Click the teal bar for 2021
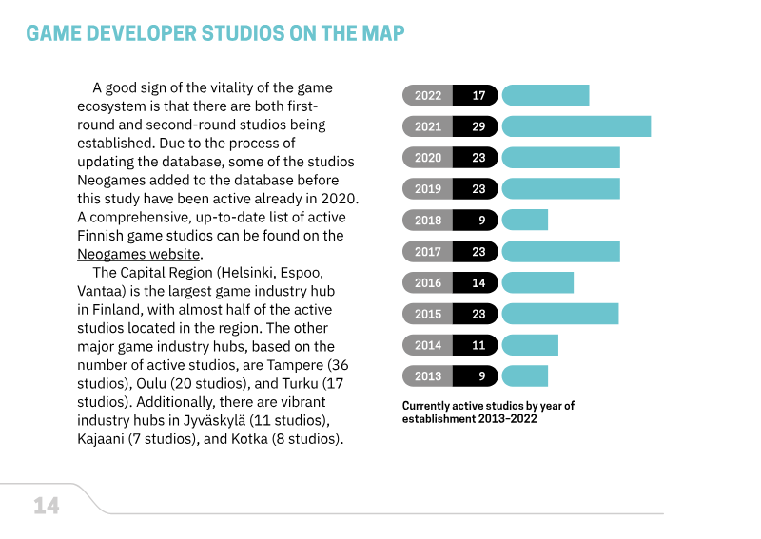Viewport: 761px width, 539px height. point(576,126)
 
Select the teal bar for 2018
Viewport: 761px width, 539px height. point(525,220)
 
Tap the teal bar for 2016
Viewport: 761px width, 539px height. point(537,282)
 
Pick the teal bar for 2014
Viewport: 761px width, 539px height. point(530,345)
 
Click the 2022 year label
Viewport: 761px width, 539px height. point(427,96)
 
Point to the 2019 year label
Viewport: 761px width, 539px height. point(427,189)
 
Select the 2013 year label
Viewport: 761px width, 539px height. point(427,376)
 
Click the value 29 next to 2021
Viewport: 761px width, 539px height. point(478,126)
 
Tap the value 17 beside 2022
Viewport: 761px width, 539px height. point(478,96)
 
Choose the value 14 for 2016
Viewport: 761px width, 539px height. point(478,283)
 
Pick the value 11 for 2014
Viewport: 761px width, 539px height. point(478,345)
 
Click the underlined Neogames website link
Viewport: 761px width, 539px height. point(138,254)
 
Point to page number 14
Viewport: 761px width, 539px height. point(47,506)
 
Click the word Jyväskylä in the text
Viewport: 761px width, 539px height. point(214,420)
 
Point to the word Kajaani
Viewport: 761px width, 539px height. point(101,439)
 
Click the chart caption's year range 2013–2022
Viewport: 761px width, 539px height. point(507,418)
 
